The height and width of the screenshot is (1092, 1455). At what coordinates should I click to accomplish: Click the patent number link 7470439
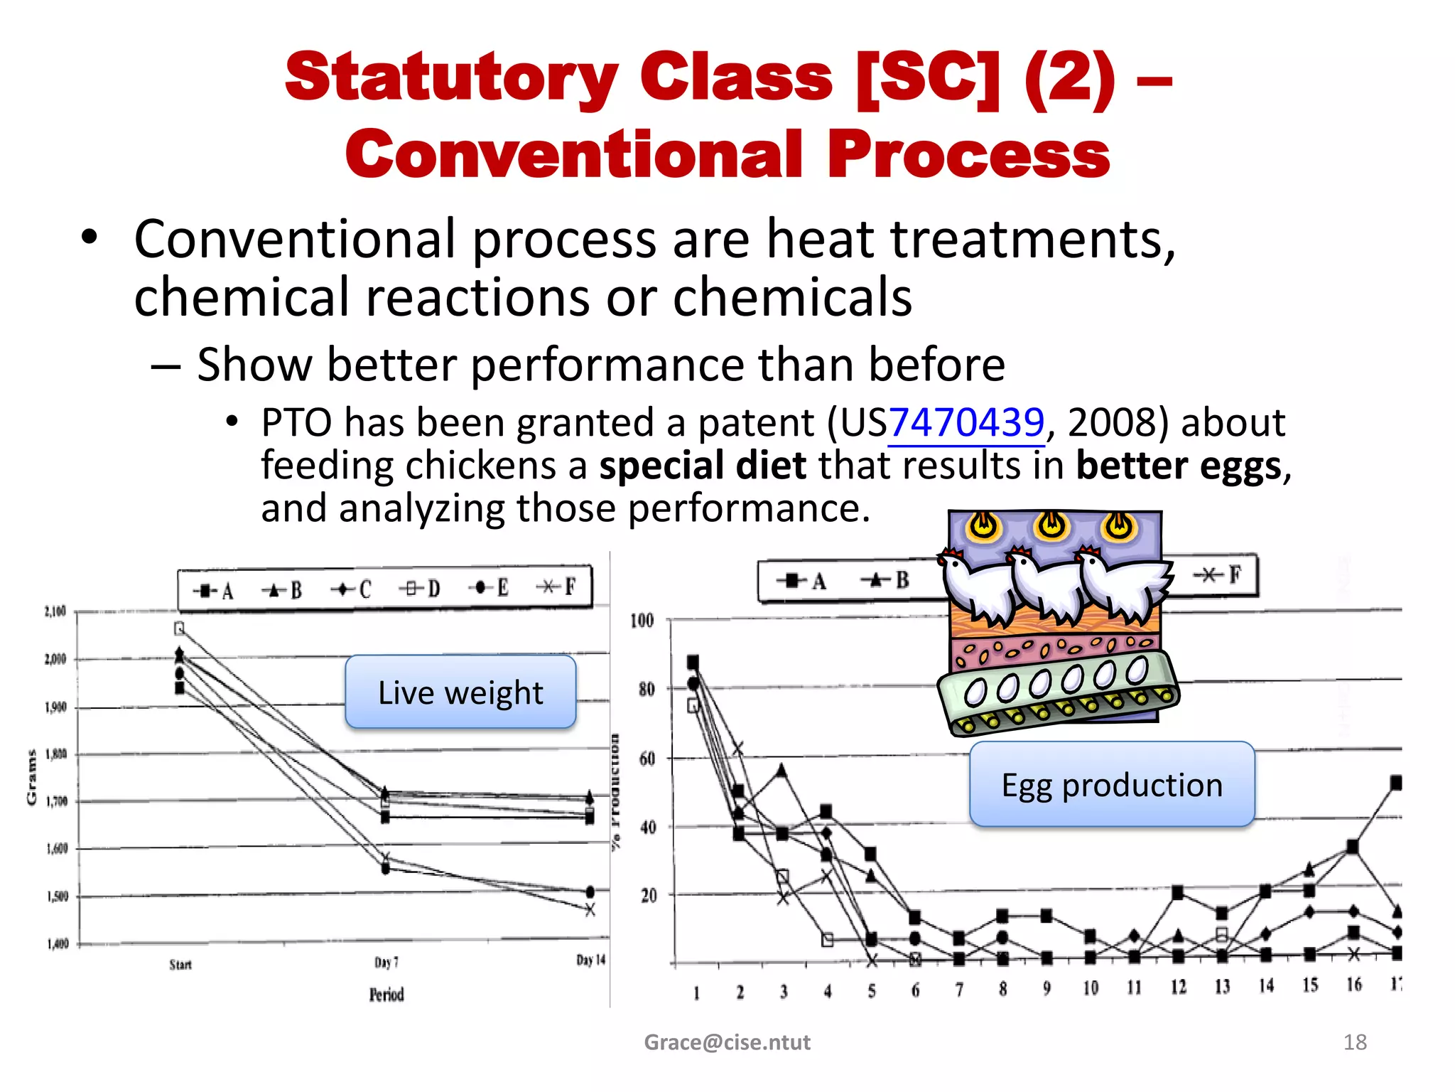coord(966,423)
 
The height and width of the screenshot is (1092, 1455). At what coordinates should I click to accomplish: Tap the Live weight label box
coord(460,692)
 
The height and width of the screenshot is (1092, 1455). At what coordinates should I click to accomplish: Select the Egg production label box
coord(1112,784)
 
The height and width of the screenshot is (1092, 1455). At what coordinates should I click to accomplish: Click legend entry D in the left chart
coord(420,589)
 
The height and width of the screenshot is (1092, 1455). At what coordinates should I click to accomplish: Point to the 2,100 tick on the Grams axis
coord(55,611)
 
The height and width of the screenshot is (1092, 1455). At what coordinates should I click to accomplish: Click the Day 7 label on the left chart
coord(386,962)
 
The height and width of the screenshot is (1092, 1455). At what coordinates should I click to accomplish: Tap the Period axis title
coord(386,994)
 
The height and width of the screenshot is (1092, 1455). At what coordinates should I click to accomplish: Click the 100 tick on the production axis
coord(642,621)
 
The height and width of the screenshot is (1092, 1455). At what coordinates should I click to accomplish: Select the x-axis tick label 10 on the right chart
coord(1091,987)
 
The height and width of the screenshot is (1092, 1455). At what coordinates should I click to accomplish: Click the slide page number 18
coord(1355,1042)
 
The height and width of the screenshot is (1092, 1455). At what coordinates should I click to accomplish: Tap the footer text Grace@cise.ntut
coord(727,1042)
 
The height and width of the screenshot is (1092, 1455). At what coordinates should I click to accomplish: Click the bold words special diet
coord(703,466)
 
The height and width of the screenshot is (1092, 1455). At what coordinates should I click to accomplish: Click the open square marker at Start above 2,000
coord(179,628)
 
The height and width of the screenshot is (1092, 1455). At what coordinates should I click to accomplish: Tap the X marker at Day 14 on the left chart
coord(590,909)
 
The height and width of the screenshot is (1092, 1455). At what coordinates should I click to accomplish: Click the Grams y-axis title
coord(31,777)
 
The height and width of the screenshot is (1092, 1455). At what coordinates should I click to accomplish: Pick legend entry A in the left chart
coord(214,591)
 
